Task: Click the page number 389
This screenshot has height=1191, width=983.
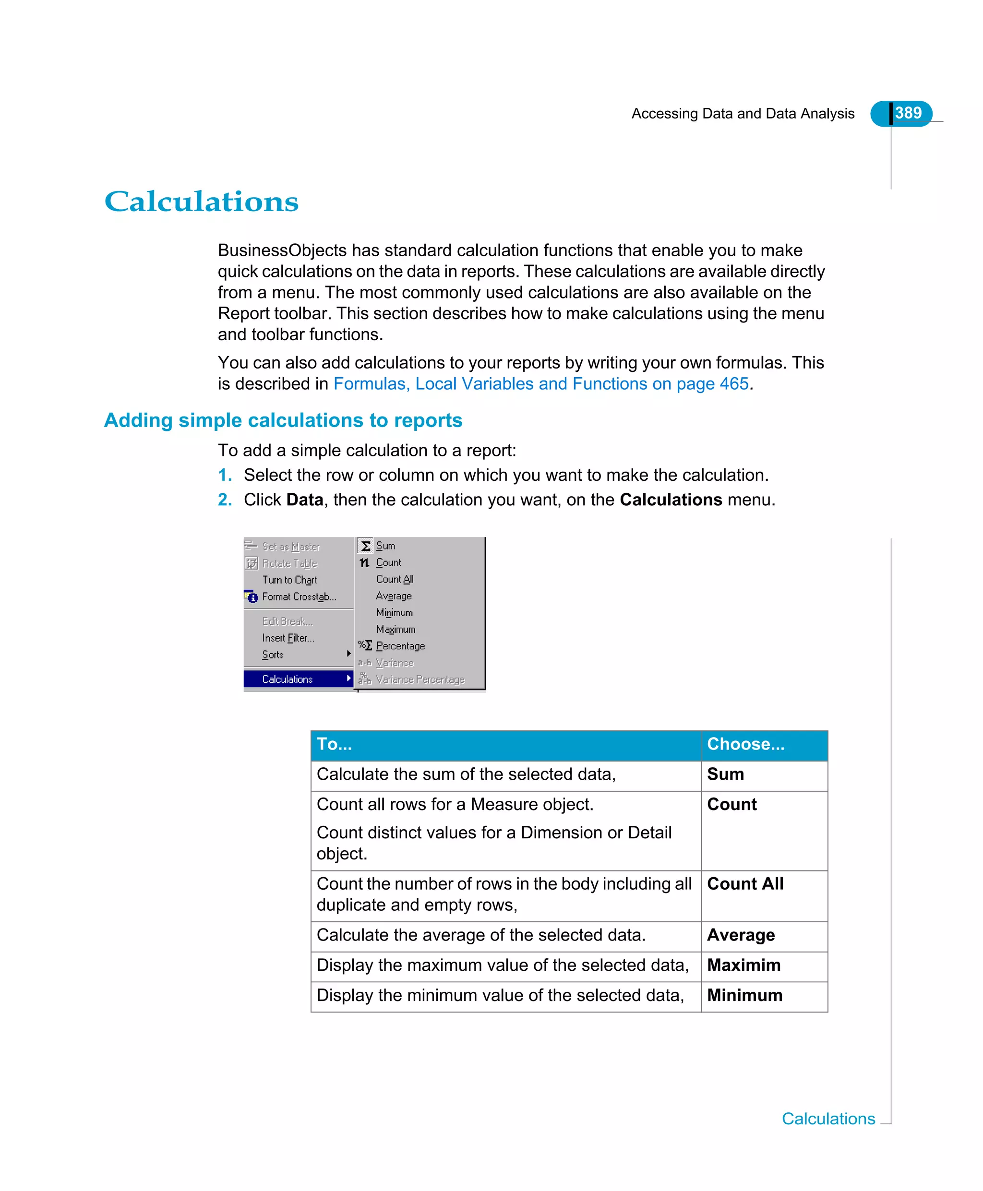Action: tap(908, 113)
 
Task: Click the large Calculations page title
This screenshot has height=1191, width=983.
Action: tap(201, 202)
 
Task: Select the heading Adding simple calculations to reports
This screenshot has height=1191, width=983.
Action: tap(283, 420)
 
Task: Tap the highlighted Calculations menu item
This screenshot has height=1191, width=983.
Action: tap(288, 679)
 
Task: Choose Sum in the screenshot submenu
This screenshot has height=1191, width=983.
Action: tap(385, 546)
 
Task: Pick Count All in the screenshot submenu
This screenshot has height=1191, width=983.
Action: tap(395, 579)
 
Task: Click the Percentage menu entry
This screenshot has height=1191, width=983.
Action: tap(400, 646)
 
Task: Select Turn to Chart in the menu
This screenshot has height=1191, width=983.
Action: tap(289, 580)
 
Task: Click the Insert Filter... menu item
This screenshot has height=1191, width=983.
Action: tap(288, 638)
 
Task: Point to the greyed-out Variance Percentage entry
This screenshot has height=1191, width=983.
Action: tap(420, 679)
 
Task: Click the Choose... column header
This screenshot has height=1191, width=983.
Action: tap(745, 744)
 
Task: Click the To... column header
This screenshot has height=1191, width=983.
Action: tap(334, 744)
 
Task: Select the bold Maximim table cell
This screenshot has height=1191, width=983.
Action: tap(743, 965)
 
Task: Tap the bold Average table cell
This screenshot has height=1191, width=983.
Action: tap(741, 935)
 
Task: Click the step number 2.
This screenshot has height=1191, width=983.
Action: tap(224, 500)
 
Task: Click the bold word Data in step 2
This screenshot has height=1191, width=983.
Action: tap(305, 500)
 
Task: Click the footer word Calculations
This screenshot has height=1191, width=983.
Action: tap(828, 1119)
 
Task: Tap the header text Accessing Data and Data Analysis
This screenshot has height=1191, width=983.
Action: tap(743, 114)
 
